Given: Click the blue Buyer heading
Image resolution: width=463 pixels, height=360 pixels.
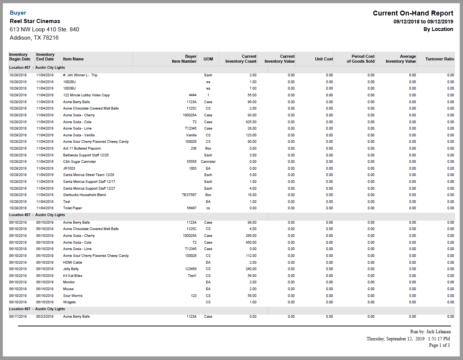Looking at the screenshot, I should point(18,13).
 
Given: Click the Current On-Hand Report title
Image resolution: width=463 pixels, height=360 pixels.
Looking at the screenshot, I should point(413,13).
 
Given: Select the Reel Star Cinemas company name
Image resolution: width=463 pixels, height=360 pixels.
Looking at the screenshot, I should point(35,21).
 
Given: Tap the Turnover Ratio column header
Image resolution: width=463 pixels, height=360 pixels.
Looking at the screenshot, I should point(440,59).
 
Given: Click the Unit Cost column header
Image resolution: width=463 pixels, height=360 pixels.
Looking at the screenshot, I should point(324,59).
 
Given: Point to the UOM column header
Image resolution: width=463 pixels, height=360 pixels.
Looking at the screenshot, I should point(208,59).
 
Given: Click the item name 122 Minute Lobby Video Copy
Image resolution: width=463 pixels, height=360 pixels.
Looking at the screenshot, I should point(86,95).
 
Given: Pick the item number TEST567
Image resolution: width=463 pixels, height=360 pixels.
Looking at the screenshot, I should point(189,195).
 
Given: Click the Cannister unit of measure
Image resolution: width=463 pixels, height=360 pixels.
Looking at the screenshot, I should point(208,162).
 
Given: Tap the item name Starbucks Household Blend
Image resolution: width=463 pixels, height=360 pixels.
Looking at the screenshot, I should point(85,195).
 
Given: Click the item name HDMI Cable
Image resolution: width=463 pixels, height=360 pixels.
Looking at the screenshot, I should point(73,263).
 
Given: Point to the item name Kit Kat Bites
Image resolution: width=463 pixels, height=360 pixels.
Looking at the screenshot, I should point(73,276).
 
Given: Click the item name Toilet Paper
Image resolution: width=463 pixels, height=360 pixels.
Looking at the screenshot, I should point(73,208).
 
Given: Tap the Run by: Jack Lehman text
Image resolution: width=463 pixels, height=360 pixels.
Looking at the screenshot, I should point(430,332).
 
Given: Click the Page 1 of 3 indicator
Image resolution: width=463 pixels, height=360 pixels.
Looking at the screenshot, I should point(439,345).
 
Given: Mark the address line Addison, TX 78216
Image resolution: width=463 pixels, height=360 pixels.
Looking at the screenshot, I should point(34,38).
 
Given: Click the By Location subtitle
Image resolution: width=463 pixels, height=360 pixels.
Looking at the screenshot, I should point(438,29).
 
